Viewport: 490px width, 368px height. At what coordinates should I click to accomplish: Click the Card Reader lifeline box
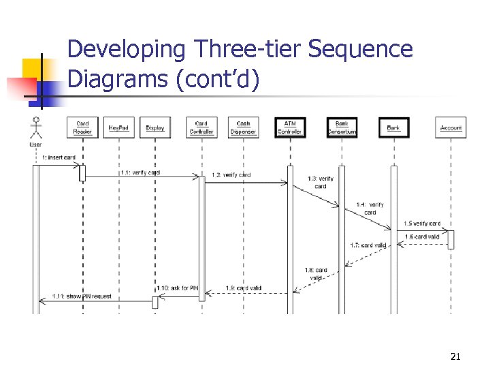82,127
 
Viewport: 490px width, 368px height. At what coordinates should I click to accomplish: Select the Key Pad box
118,127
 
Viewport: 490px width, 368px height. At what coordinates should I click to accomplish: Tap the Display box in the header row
155,127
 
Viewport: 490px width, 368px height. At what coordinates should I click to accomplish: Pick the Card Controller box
201,127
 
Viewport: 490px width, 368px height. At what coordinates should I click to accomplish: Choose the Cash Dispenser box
243,127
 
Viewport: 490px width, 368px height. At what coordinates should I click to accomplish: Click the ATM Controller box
290,127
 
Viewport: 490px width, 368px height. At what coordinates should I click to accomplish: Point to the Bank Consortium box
342,127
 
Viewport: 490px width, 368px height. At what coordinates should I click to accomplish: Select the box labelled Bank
393,127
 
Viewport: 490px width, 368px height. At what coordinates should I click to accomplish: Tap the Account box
451,127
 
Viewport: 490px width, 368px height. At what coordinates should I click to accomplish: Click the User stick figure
36,129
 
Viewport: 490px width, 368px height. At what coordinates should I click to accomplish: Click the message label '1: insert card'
59,157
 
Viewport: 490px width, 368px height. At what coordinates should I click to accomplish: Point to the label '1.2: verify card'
231,175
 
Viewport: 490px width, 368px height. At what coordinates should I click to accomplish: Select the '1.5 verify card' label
422,223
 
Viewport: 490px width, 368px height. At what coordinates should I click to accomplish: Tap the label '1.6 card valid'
423,236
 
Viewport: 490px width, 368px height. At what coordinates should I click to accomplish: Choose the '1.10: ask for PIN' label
177,288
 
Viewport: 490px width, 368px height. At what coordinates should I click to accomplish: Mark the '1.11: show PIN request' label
82,296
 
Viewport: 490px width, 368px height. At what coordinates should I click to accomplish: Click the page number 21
455,356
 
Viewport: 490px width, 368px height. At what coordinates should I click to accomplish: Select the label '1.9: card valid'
244,288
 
